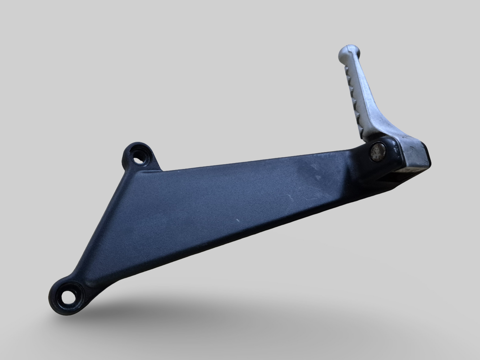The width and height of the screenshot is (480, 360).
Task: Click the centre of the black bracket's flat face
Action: [x=199, y=216]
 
